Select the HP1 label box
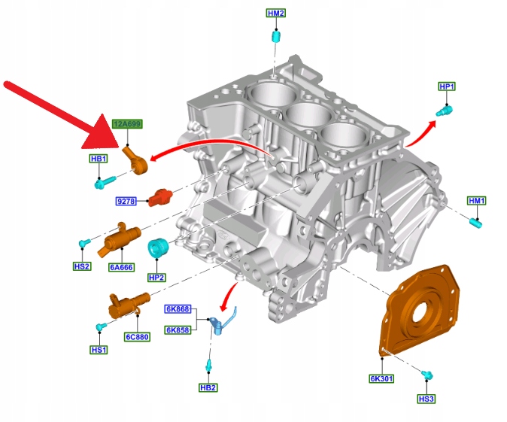pyautogui.click(x=447, y=87)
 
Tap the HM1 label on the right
pyautogui.click(x=477, y=201)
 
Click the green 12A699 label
pyautogui.click(x=127, y=123)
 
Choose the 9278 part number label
pyautogui.click(x=126, y=201)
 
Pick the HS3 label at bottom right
pyautogui.click(x=427, y=399)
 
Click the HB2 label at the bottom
pyautogui.click(x=208, y=387)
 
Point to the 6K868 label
pyautogui.click(x=179, y=309)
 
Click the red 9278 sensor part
pyautogui.click(x=160, y=197)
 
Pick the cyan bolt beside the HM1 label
pyautogui.click(x=475, y=222)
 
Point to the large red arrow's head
pyautogui.click(x=105, y=135)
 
